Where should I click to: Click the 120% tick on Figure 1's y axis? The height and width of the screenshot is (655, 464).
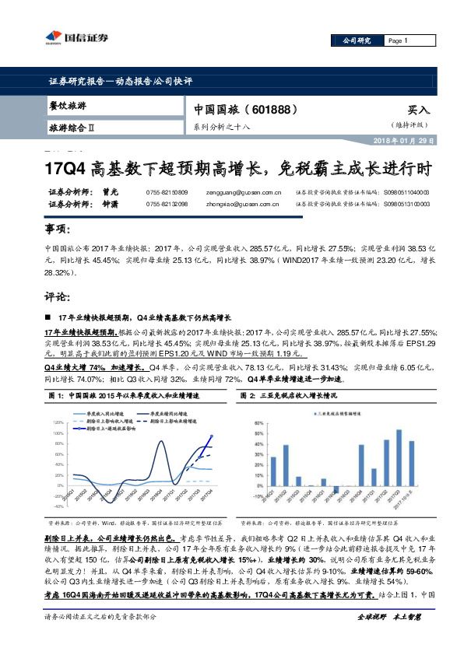tap(56, 422)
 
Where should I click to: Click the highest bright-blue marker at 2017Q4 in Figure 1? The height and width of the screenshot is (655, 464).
tap(212, 436)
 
